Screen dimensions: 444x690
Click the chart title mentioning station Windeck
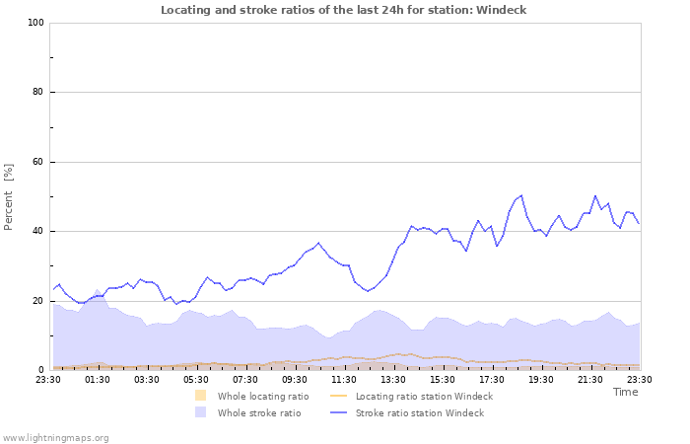coord(344,10)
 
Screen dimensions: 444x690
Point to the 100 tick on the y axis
coord(35,23)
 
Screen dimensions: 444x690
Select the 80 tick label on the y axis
coord(38,93)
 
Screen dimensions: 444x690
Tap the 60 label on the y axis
coord(38,162)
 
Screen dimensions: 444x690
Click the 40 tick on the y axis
coord(38,232)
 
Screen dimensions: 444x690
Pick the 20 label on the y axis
coord(38,301)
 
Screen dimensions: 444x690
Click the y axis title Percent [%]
coord(9,196)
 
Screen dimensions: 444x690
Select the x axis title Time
coord(625,392)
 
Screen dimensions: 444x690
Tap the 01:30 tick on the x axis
coord(98,378)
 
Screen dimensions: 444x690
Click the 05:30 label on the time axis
coord(196,378)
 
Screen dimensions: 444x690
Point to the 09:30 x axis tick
coord(295,378)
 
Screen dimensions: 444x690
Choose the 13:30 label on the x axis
coord(393,378)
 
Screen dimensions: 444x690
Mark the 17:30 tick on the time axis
coord(492,378)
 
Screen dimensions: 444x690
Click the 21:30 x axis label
coord(590,378)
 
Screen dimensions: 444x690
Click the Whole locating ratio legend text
coord(263,396)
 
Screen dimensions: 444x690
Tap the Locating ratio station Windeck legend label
coord(424,396)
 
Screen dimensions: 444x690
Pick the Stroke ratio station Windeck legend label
coord(420,412)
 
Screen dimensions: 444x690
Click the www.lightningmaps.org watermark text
coord(55,437)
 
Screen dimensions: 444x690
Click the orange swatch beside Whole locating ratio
coord(200,396)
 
